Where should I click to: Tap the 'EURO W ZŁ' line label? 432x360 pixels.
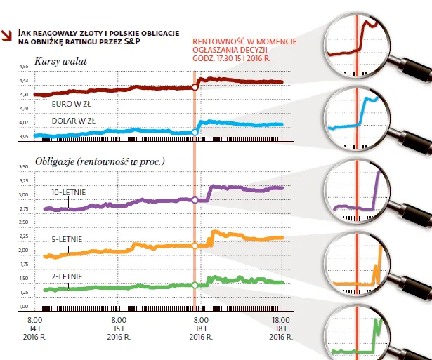coord(71,103)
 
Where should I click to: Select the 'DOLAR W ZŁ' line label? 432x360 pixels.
coord(73,121)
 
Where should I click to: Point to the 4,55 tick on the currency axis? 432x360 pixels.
coord(22,67)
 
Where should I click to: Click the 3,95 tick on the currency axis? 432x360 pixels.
coord(22,137)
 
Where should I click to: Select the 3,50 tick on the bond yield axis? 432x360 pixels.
coord(22,167)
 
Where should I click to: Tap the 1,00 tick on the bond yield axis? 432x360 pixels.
coord(22,307)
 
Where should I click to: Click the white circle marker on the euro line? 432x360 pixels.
coord(195,88)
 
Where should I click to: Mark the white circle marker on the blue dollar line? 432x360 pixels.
coord(195,132)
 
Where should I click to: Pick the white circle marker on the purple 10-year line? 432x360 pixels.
coord(195,201)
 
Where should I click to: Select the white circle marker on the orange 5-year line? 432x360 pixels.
coord(195,246)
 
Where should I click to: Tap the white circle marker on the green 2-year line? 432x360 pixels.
coord(195,285)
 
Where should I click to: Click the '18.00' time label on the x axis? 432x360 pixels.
coord(282,319)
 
